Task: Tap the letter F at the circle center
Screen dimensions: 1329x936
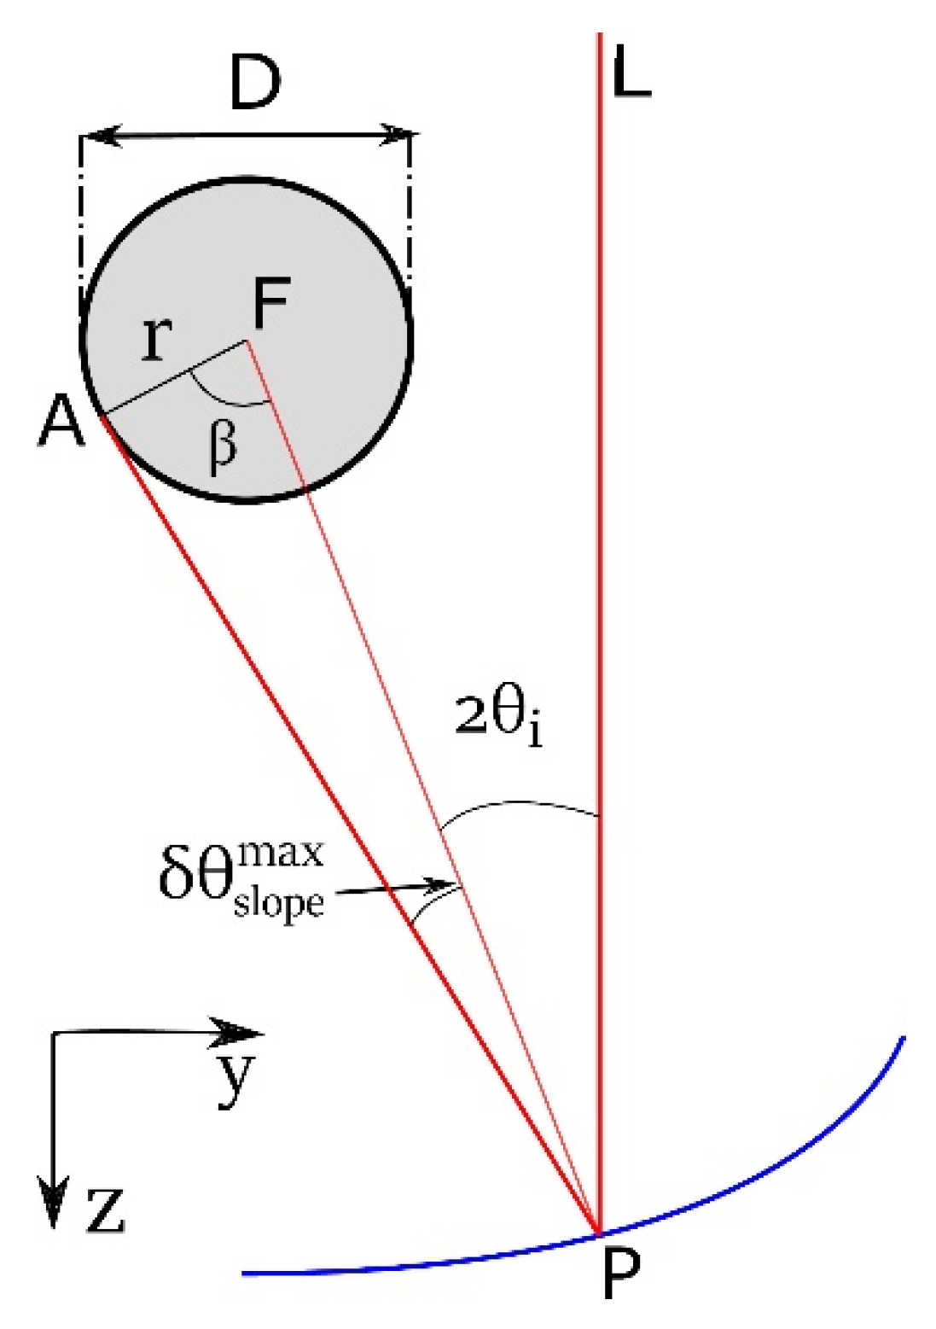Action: coord(270,305)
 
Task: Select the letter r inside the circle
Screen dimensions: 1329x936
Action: coord(156,337)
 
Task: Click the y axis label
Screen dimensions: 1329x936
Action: coord(233,1077)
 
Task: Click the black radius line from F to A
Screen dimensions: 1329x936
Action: coord(175,377)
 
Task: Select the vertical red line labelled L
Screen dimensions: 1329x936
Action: coord(600,512)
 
